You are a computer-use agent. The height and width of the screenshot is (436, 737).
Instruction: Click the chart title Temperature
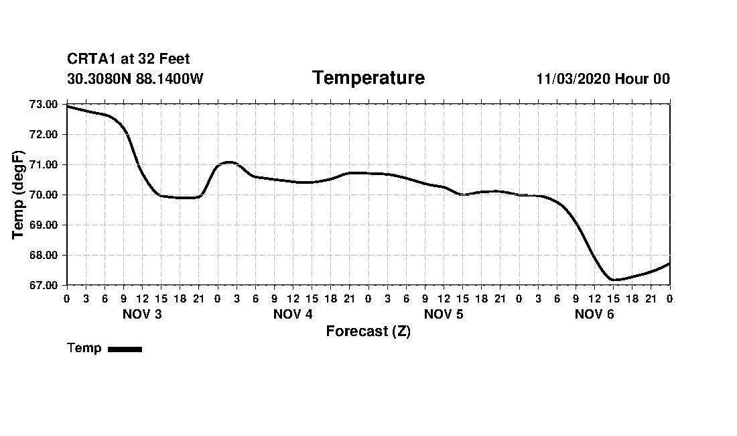point(368,78)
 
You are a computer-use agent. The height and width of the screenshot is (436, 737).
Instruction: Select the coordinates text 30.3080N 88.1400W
point(135,79)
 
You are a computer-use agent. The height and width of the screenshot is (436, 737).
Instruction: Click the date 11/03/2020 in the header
point(574,79)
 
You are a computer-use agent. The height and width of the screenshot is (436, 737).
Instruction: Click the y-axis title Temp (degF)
point(19,195)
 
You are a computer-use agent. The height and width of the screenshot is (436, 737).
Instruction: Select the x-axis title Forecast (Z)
point(368,331)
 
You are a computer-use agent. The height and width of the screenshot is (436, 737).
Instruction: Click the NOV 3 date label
point(142,315)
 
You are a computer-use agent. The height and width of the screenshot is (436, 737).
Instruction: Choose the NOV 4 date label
point(293,315)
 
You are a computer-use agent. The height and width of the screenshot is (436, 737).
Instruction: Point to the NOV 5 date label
point(444,315)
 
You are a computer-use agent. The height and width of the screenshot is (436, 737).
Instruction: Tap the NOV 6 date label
point(594,315)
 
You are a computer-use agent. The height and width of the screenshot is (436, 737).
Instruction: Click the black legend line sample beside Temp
point(125,349)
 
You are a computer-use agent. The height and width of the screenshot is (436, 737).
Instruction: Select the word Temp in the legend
point(84,348)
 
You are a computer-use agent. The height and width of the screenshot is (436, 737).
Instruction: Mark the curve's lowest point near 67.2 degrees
point(613,280)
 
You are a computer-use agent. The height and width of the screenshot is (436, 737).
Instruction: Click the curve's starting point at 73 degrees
point(68,106)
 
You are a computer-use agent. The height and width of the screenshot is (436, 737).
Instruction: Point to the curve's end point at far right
point(669,264)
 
